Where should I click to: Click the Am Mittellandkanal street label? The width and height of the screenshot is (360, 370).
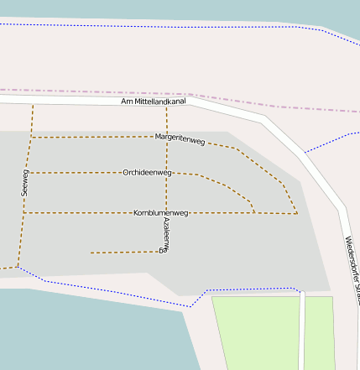coord(154,102)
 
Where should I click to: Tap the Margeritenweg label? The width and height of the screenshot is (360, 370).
coord(180,139)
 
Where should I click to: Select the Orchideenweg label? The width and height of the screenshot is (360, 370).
coord(147,173)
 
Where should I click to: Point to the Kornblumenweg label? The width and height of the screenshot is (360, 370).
coord(161,213)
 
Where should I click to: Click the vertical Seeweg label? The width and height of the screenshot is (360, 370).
coord(25,182)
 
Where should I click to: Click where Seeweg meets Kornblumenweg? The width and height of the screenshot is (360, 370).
coord(24,213)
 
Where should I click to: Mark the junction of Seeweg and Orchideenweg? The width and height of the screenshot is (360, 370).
coord(29,173)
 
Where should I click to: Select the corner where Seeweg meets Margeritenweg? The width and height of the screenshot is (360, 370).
coord(31,137)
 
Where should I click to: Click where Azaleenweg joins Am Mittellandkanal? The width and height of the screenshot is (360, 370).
coord(166,107)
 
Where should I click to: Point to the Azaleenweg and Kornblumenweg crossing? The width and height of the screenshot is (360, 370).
coord(166,213)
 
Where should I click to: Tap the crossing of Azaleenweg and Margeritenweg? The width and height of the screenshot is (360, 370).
coord(166,138)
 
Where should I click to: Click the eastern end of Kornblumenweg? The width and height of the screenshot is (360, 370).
coord(297,214)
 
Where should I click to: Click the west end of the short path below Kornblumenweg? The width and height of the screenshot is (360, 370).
coord(91,253)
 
